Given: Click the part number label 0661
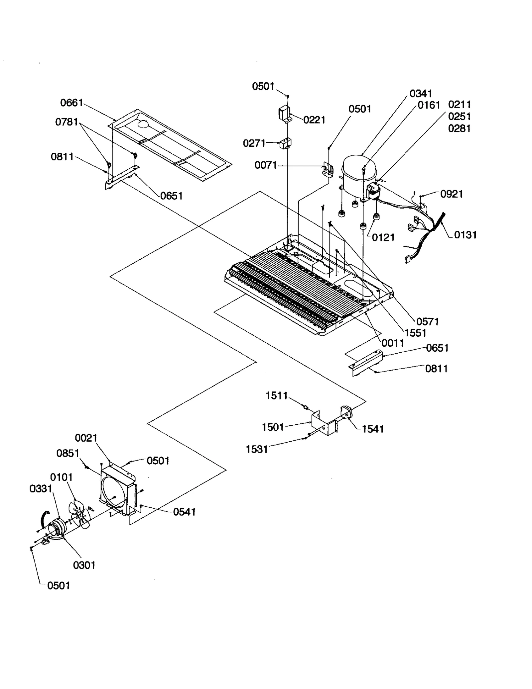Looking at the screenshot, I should click(71, 103).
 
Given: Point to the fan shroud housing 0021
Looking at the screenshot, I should click(118, 491).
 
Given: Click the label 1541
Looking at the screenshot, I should click(373, 429).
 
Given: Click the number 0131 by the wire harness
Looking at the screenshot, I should click(465, 235).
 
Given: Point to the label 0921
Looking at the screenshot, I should click(451, 194).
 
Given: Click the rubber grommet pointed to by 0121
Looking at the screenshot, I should click(362, 226).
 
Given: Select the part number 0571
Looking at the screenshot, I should click(428, 321).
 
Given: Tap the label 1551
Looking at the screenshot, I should click(415, 333).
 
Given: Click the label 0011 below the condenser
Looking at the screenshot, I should click(393, 343).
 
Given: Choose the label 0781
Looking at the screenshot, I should click(66, 122).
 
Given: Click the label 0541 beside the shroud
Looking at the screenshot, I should click(184, 512).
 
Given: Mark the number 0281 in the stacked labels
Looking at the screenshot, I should click(459, 128).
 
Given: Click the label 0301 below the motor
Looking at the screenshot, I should click(84, 565).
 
